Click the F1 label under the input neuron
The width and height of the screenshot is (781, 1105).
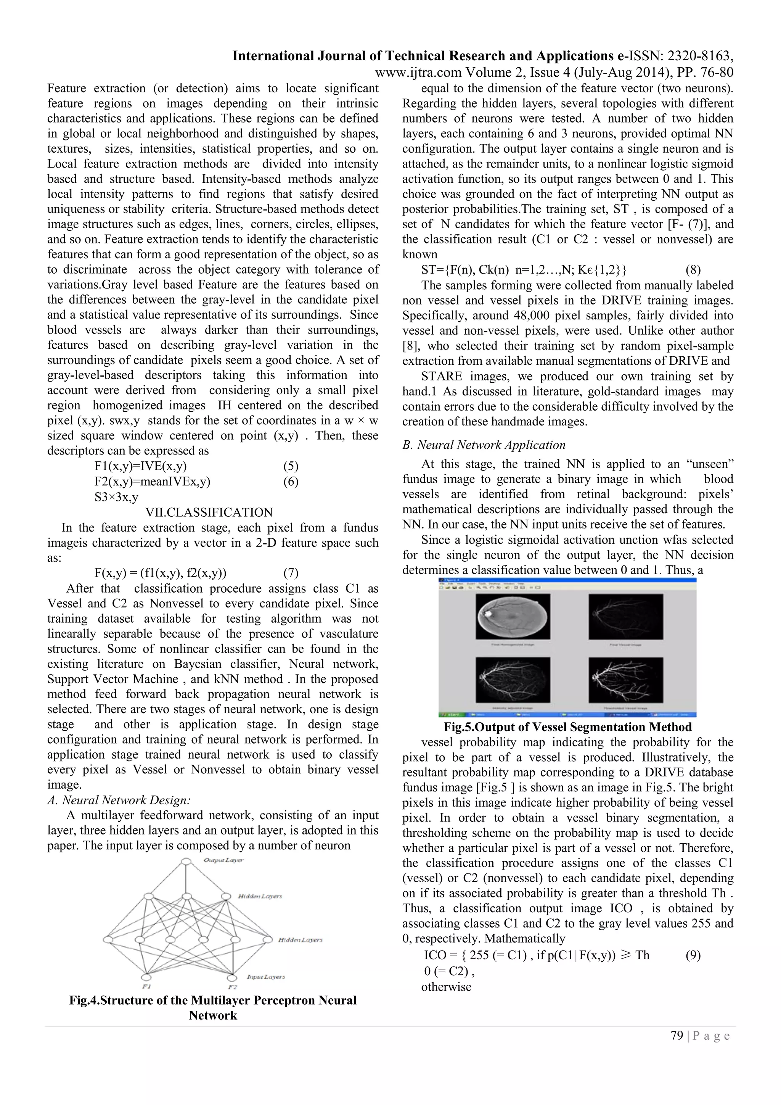coord(146,987)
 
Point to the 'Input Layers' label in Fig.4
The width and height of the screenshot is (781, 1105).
coord(265,976)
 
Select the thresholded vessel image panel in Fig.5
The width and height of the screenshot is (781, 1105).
coord(626,680)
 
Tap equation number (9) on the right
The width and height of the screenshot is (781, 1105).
coord(693,955)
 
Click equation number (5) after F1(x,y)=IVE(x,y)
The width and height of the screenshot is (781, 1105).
coord(291,466)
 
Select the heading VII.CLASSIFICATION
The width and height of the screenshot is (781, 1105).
coord(209,512)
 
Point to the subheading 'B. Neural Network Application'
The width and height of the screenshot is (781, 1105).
coord(484,445)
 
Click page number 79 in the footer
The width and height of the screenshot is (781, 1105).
coord(677,1035)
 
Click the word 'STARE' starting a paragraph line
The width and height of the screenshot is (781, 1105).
coord(442,376)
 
